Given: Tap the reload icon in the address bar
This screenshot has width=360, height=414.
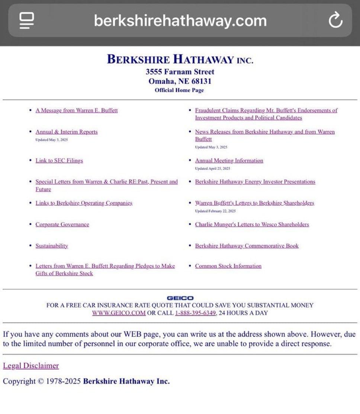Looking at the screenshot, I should [x=335, y=20].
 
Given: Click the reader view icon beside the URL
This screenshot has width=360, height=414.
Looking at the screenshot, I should [x=27, y=20].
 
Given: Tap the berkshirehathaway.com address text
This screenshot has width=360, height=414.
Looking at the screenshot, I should [x=180, y=20].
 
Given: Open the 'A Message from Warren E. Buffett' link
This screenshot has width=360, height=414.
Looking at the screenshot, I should [x=77, y=111].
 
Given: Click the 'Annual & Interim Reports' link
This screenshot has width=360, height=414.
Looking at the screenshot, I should [x=67, y=132].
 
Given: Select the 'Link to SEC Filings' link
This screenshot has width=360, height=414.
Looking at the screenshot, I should [x=59, y=160].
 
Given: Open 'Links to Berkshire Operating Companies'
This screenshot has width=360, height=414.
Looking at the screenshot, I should [x=84, y=203].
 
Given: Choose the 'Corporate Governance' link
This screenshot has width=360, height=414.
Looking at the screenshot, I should [x=62, y=224].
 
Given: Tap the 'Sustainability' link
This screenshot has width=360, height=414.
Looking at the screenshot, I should [x=52, y=246].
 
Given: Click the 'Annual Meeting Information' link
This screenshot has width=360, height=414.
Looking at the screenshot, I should [x=229, y=160].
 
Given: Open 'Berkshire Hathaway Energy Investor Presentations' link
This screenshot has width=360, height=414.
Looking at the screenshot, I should [x=255, y=182].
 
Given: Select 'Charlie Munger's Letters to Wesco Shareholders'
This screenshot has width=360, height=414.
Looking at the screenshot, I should [x=252, y=224].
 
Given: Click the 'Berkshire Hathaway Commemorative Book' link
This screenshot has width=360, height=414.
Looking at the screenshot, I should [x=247, y=246].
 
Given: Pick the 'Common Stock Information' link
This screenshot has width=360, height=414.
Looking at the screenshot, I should [x=228, y=266].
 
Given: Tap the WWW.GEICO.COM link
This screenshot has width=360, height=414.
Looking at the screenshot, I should [x=119, y=313].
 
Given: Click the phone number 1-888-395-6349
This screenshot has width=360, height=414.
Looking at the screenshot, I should [x=195, y=313].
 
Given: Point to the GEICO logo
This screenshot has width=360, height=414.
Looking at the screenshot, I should [x=180, y=298].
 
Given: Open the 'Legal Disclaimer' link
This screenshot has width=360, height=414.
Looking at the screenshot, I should [x=31, y=366].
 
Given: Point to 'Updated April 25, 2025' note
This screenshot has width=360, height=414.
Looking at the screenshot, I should [x=212, y=169].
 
